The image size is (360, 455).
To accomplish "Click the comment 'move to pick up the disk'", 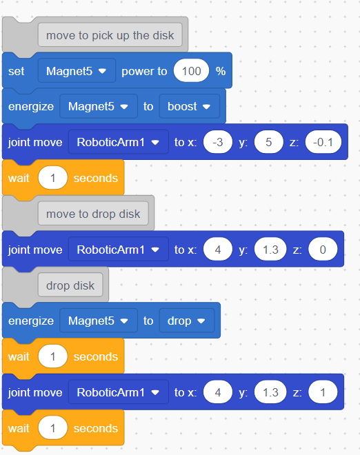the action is [110, 35].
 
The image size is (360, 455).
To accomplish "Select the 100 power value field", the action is [191, 71].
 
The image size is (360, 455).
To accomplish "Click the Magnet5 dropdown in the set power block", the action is [77, 71].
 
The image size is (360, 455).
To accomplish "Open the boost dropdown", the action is [189, 106].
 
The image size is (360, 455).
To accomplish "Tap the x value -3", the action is [218, 142].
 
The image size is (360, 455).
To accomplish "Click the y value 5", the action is [268, 142].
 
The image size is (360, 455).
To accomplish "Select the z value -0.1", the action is [323, 142].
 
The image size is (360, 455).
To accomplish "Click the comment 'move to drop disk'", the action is [93, 214].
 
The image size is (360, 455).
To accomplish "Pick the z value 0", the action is [323, 250].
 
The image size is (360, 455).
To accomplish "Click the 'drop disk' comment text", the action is [70, 285].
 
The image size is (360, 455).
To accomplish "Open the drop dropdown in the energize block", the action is [187, 321].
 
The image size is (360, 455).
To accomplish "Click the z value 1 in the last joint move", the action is [323, 392].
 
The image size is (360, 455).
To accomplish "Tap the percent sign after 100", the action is [221, 71].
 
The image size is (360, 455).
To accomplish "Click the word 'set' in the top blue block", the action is [17, 71].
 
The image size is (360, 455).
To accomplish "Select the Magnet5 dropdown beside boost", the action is [99, 106].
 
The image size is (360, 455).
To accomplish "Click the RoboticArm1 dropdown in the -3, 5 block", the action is [119, 142].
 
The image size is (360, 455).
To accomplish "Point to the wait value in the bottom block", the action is [52, 427].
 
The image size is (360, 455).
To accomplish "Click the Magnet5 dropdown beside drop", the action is [99, 321].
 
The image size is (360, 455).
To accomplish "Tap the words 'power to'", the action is [144, 72].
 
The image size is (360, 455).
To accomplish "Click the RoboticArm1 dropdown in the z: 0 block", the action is [119, 250].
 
